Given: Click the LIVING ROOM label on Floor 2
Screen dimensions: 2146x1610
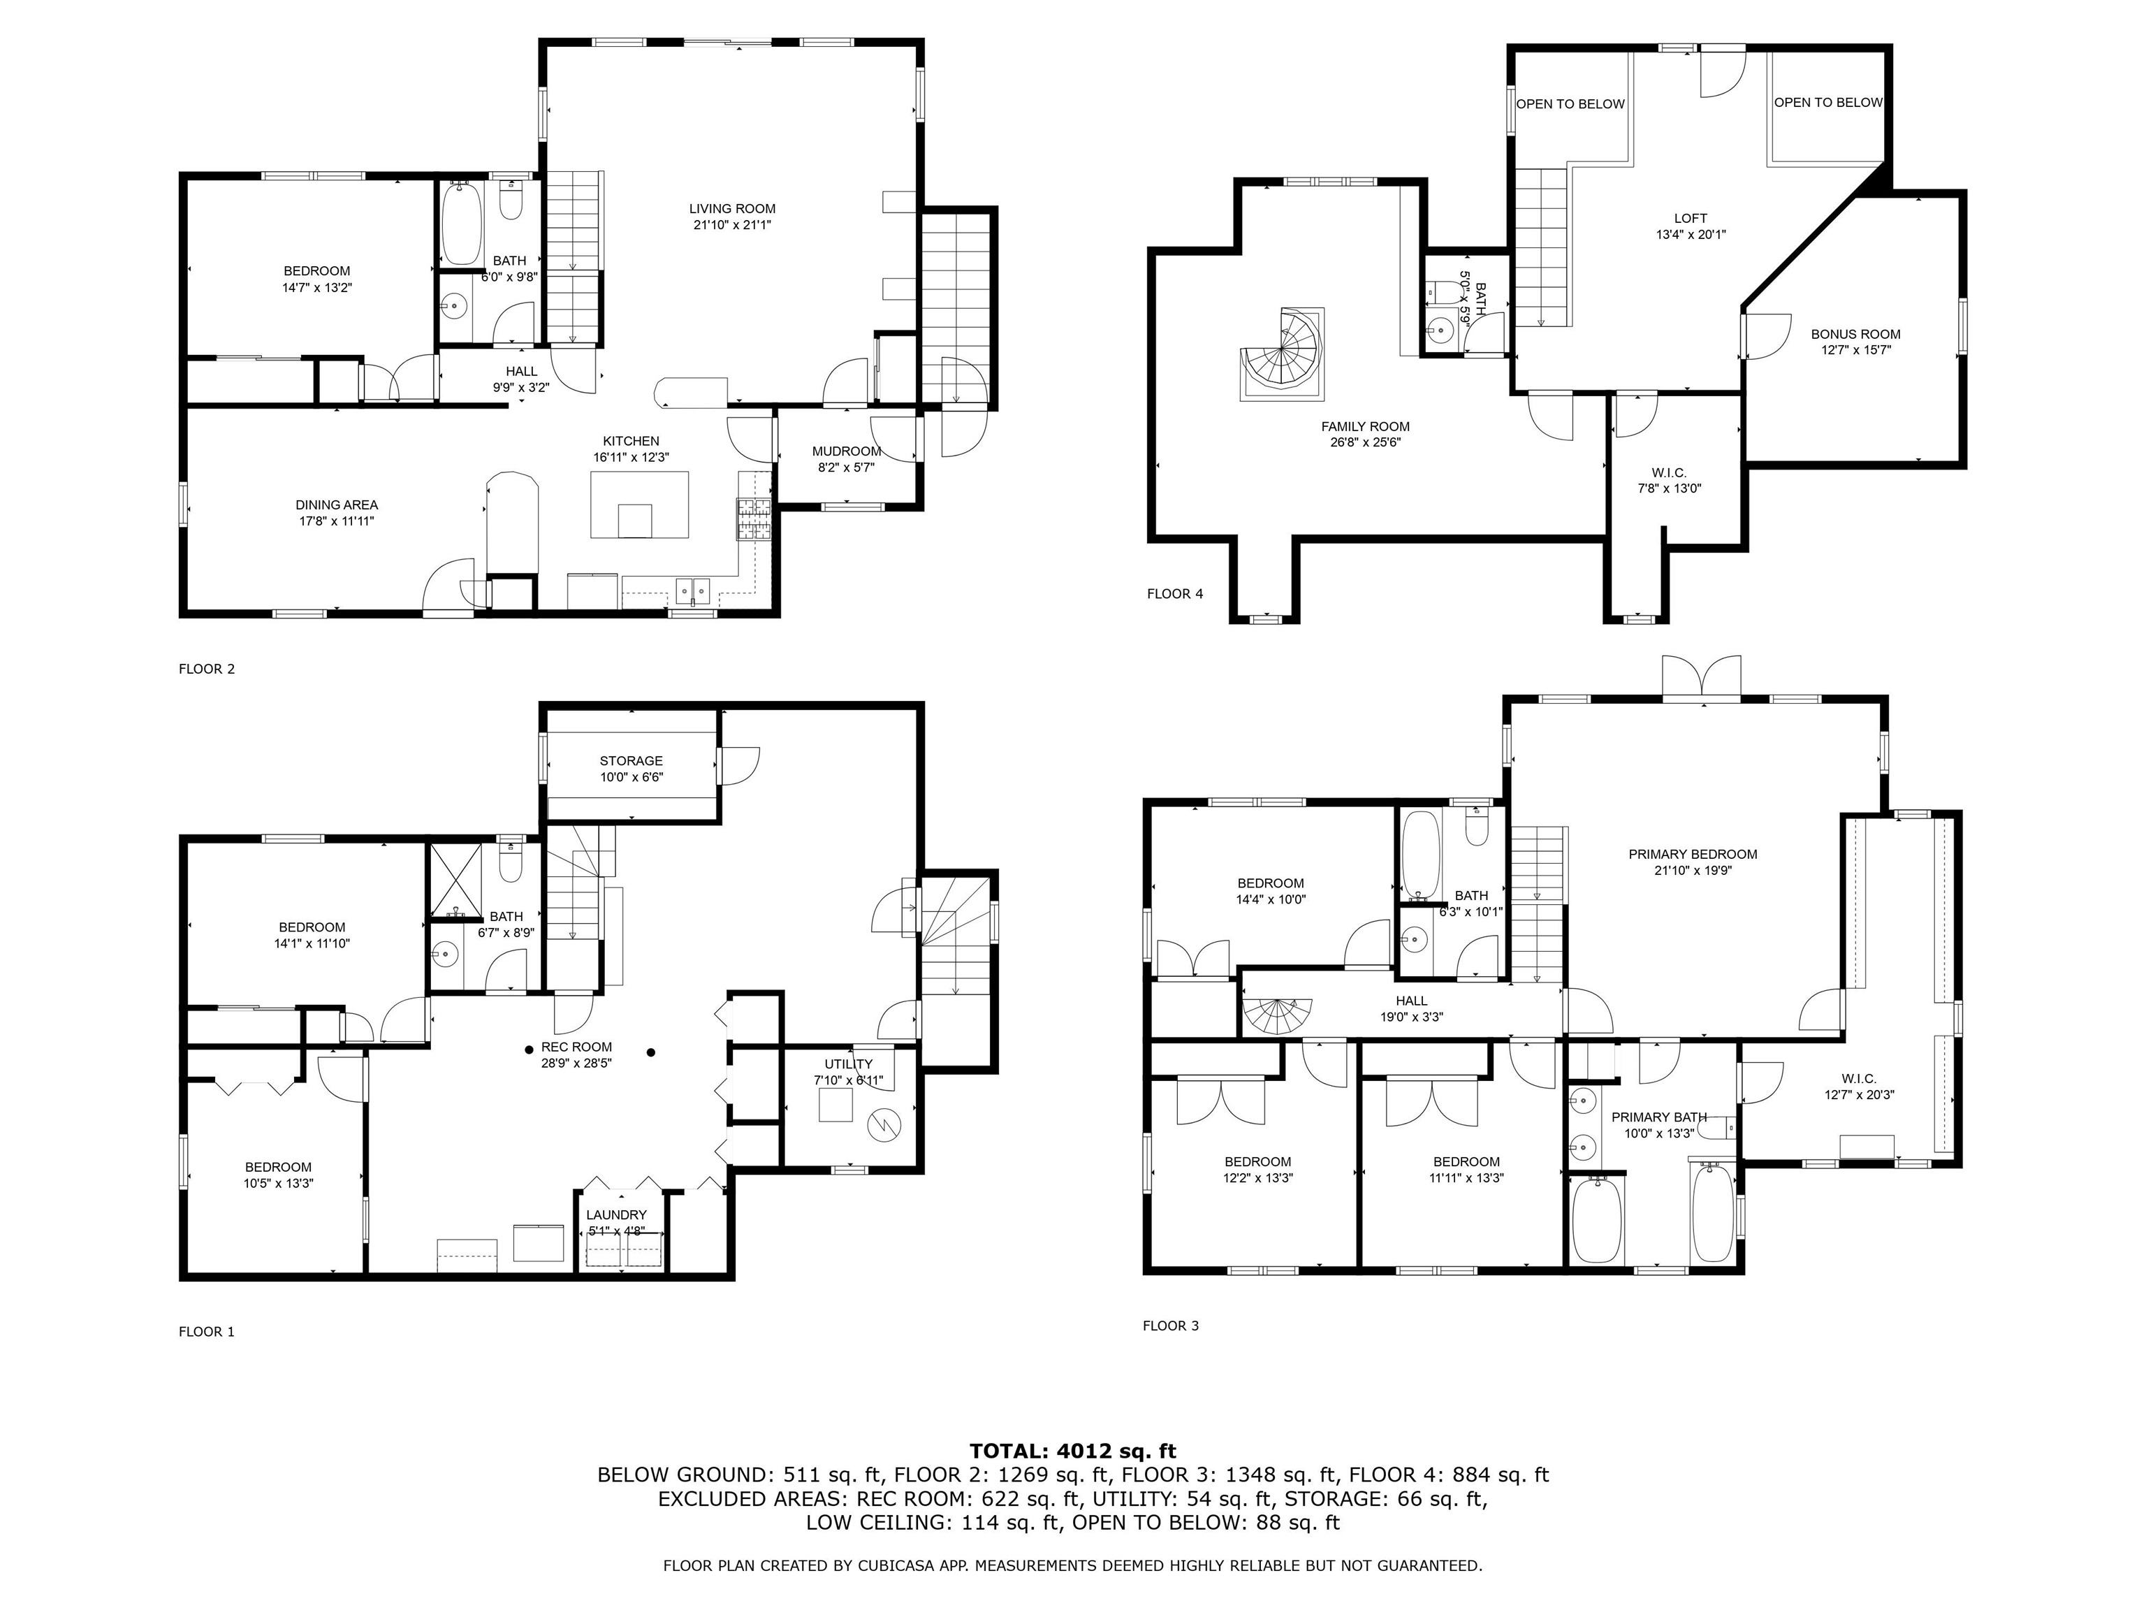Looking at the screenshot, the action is [733, 209].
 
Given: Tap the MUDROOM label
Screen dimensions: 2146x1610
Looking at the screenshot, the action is [846, 451].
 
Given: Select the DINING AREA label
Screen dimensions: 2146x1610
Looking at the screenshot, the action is [337, 505].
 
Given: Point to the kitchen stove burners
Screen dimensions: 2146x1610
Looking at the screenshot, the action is [754, 519].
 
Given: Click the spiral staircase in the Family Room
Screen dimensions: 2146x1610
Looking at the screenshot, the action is [1280, 354].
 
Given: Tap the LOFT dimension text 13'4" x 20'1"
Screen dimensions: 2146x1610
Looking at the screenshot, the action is [1691, 235].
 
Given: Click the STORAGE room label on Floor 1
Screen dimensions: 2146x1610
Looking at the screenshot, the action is [632, 761].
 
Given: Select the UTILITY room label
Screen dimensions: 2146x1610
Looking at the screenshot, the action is [849, 1064].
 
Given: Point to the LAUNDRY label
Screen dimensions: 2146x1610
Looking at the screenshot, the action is [616, 1215].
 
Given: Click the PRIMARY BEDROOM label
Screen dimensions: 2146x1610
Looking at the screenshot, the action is [1693, 854].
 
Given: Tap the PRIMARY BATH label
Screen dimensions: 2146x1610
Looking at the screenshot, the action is [1659, 1117].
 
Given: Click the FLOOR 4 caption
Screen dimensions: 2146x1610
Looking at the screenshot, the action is [1175, 594].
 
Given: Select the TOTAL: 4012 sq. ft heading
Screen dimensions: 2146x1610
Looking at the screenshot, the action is [1073, 1451].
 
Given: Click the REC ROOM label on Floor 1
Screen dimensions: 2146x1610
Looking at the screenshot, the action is [576, 1047].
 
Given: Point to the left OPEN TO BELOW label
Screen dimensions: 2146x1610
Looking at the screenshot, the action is [1570, 104].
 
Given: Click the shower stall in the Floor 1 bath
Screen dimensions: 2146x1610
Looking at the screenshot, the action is [456, 881].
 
